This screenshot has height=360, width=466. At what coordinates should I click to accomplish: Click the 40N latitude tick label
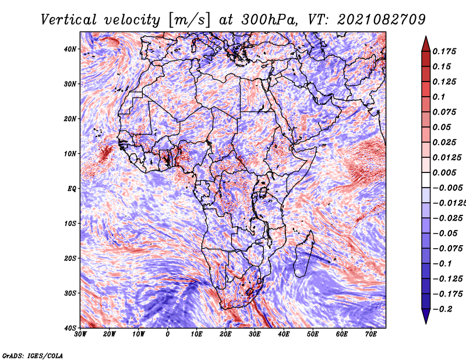tap(70, 49)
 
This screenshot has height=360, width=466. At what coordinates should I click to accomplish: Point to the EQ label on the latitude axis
tap(72, 189)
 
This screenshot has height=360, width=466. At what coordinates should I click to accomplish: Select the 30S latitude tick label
tap(70, 294)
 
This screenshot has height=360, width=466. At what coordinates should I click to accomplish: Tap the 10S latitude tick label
tap(70, 224)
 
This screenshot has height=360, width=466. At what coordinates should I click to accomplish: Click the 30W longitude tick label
tap(80, 334)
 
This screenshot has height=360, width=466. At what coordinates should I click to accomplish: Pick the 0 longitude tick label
tap(168, 334)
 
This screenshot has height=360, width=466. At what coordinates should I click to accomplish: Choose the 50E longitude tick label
tap(313, 334)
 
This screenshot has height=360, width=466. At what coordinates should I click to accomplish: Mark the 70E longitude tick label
tap(371, 334)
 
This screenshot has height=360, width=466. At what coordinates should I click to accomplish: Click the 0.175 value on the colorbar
tap(444, 51)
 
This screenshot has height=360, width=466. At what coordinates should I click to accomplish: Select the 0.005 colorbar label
tap(444, 172)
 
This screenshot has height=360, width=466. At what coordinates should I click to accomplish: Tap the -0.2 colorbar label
tap(442, 309)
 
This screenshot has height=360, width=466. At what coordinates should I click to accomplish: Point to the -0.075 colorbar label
tap(447, 249)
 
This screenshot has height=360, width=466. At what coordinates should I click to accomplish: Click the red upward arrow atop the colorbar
tap(426, 44)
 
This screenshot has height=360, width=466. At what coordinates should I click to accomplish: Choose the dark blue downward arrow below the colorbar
tap(426, 316)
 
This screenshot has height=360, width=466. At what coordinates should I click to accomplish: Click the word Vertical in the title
tap(69, 20)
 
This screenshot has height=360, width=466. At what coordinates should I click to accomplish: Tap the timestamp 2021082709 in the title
tap(382, 20)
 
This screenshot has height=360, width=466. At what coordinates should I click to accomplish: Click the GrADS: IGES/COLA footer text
tap(33, 355)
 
